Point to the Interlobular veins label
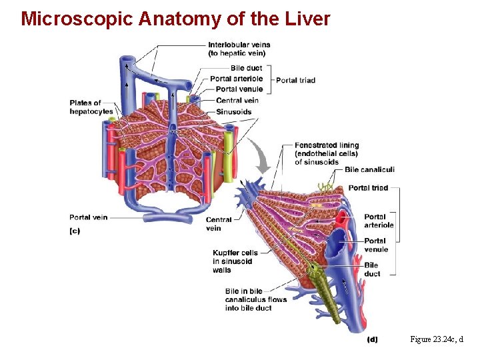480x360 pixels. tap(239, 45)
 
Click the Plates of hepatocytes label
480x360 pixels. tap(91, 107)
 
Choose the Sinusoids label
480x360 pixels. tap(234, 111)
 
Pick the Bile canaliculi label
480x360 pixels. tap(369, 169)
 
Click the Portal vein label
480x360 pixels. tap(88, 217)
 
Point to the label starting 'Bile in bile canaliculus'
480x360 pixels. tap(255, 299)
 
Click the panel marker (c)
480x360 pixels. tap(75, 231)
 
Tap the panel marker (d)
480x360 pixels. tap(373, 339)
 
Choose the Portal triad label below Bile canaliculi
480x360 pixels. tap(368, 188)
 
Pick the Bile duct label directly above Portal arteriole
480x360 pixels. tap(247, 68)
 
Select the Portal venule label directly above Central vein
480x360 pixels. tap(239, 89)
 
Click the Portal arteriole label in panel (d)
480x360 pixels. tap(379, 221)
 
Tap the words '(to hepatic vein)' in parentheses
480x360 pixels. tap(236, 53)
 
